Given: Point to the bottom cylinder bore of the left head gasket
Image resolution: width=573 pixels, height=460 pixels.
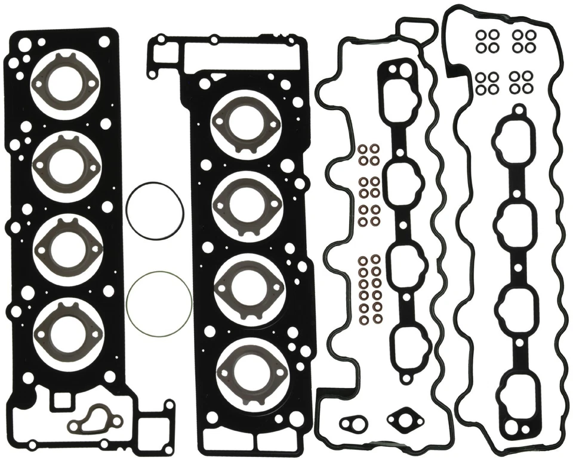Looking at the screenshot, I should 60,327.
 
